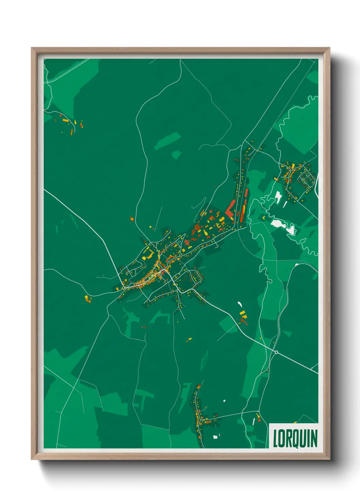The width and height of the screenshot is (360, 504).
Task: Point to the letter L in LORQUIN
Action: click(276, 438)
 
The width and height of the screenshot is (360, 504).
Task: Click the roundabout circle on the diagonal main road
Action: click(276, 352)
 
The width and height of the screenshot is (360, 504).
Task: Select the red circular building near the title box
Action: click(259, 420)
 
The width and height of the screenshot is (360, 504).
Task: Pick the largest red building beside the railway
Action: click(230, 208)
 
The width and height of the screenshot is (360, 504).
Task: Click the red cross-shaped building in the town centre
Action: click(187, 242)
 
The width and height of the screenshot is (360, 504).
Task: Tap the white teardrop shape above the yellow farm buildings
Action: click(240, 304)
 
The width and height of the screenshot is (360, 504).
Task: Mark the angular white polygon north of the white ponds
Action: click(278, 197)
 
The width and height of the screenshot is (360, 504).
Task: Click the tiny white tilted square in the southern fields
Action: click(224, 401)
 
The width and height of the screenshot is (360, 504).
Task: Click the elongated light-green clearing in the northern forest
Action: click(167, 141)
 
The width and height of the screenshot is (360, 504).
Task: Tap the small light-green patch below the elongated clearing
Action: click(176, 155)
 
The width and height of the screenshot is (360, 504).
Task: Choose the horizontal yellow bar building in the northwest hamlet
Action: click(65, 120)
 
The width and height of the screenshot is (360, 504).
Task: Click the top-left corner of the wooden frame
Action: click(32, 48)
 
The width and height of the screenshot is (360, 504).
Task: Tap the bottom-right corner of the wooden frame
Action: click(329, 459)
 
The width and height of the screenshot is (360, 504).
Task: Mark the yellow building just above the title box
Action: click(295, 423)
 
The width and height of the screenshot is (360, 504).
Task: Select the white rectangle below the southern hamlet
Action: click(215, 437)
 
